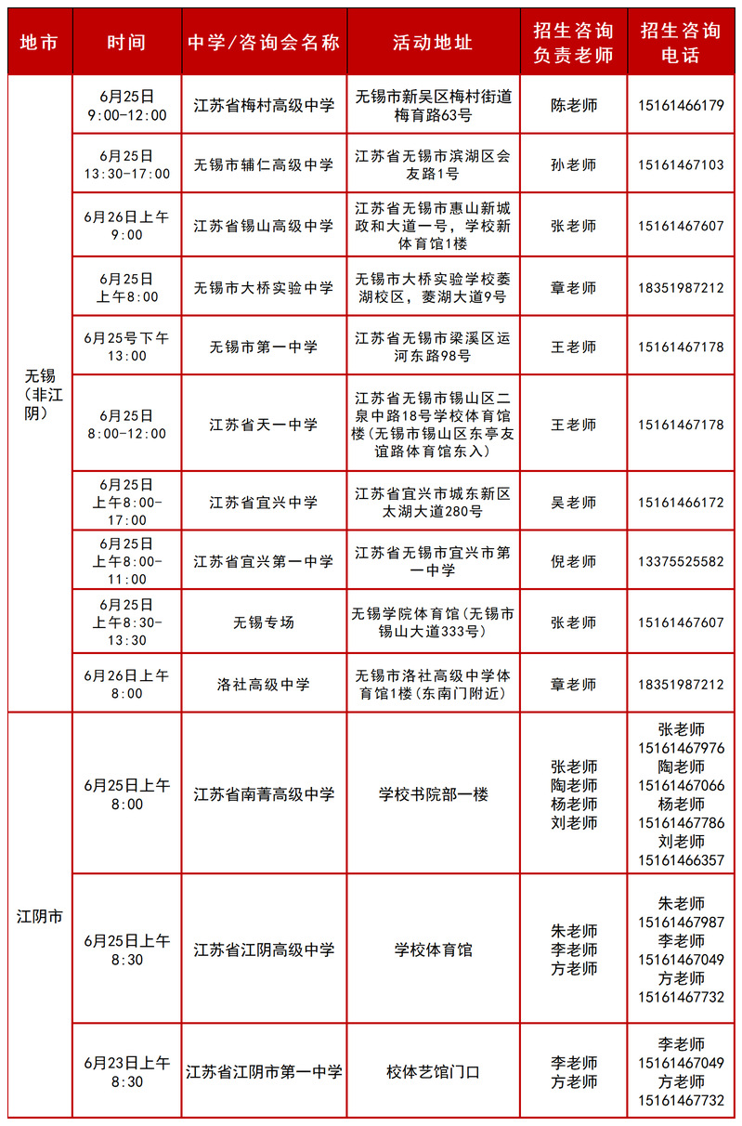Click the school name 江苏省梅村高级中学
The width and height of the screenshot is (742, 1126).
[x=264, y=106]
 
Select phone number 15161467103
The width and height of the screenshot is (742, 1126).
[x=681, y=165]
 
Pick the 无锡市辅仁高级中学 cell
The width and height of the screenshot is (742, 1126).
[x=264, y=165]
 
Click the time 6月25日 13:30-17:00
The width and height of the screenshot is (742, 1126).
[x=127, y=165]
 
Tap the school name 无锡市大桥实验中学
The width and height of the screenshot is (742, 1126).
[x=264, y=288]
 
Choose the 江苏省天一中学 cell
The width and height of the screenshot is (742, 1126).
[x=264, y=425]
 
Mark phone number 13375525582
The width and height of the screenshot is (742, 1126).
[x=681, y=561]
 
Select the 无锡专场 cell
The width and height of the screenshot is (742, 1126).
[x=264, y=622]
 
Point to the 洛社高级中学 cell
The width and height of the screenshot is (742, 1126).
[x=264, y=685]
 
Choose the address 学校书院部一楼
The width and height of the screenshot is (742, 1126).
[x=433, y=795]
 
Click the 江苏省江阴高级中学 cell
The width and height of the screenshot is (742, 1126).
[x=264, y=950]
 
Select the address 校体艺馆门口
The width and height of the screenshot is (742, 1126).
[x=433, y=1072]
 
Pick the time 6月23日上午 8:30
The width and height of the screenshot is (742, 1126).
[x=127, y=1072]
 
